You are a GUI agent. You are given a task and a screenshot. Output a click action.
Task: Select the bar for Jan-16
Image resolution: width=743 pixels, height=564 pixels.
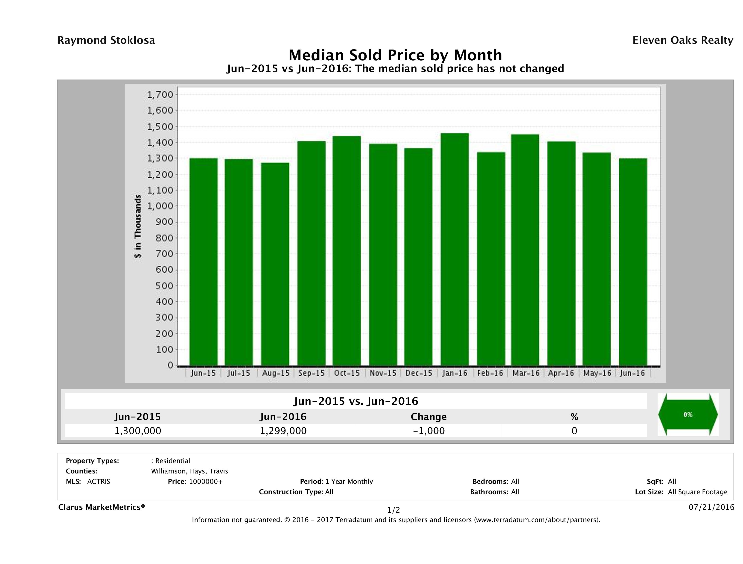click(455, 249)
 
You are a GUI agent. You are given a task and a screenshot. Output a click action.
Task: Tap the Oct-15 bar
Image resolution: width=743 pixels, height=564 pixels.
click(347, 250)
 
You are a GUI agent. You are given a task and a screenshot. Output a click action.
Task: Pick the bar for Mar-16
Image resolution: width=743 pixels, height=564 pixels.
click(525, 250)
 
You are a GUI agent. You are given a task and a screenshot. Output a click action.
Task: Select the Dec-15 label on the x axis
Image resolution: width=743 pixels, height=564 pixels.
click(419, 373)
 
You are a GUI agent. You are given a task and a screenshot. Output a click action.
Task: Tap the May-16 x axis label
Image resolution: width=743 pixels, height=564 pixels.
click(597, 373)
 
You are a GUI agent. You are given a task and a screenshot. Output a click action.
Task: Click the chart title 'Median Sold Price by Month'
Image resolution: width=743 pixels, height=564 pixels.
click(395, 55)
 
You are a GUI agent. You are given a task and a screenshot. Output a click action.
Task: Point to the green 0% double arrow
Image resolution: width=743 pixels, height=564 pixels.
click(688, 414)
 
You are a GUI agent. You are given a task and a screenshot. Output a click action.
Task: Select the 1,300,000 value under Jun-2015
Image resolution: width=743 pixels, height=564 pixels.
click(138, 431)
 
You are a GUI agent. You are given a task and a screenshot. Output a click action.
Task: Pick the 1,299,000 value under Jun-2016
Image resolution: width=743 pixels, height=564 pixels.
click(283, 431)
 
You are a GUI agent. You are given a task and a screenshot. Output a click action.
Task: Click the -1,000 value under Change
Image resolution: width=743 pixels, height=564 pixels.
click(429, 431)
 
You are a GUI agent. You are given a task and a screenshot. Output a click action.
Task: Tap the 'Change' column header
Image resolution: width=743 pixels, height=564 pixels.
click(429, 417)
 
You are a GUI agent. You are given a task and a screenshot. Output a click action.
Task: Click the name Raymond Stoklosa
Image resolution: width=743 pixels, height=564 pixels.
click(106, 40)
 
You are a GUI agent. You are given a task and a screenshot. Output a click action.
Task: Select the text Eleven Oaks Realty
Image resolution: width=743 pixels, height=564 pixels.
click(682, 40)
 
